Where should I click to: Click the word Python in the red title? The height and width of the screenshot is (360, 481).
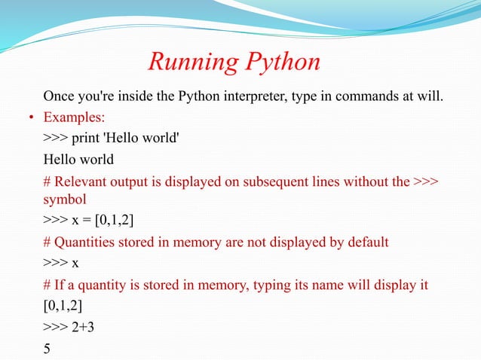pos(278,63)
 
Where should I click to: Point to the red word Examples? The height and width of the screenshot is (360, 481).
pos(75,118)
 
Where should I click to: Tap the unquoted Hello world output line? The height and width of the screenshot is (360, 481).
pos(78,160)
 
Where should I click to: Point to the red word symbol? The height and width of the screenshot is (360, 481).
pos(65,199)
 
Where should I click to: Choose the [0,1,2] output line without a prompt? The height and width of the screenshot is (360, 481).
pos(63,305)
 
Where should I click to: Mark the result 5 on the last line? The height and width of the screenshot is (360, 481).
pos(47,349)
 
